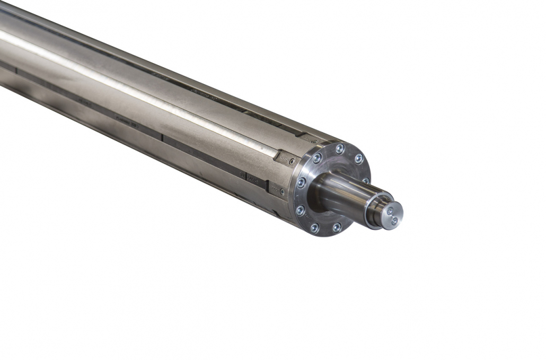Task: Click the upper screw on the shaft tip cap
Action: (x=390, y=211)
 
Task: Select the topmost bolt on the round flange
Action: (x=340, y=148)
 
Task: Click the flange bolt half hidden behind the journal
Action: (x=366, y=181)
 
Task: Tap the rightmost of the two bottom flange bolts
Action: (x=337, y=227)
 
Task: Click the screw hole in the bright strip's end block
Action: (x=292, y=161)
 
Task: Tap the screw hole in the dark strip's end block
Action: (x=282, y=191)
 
